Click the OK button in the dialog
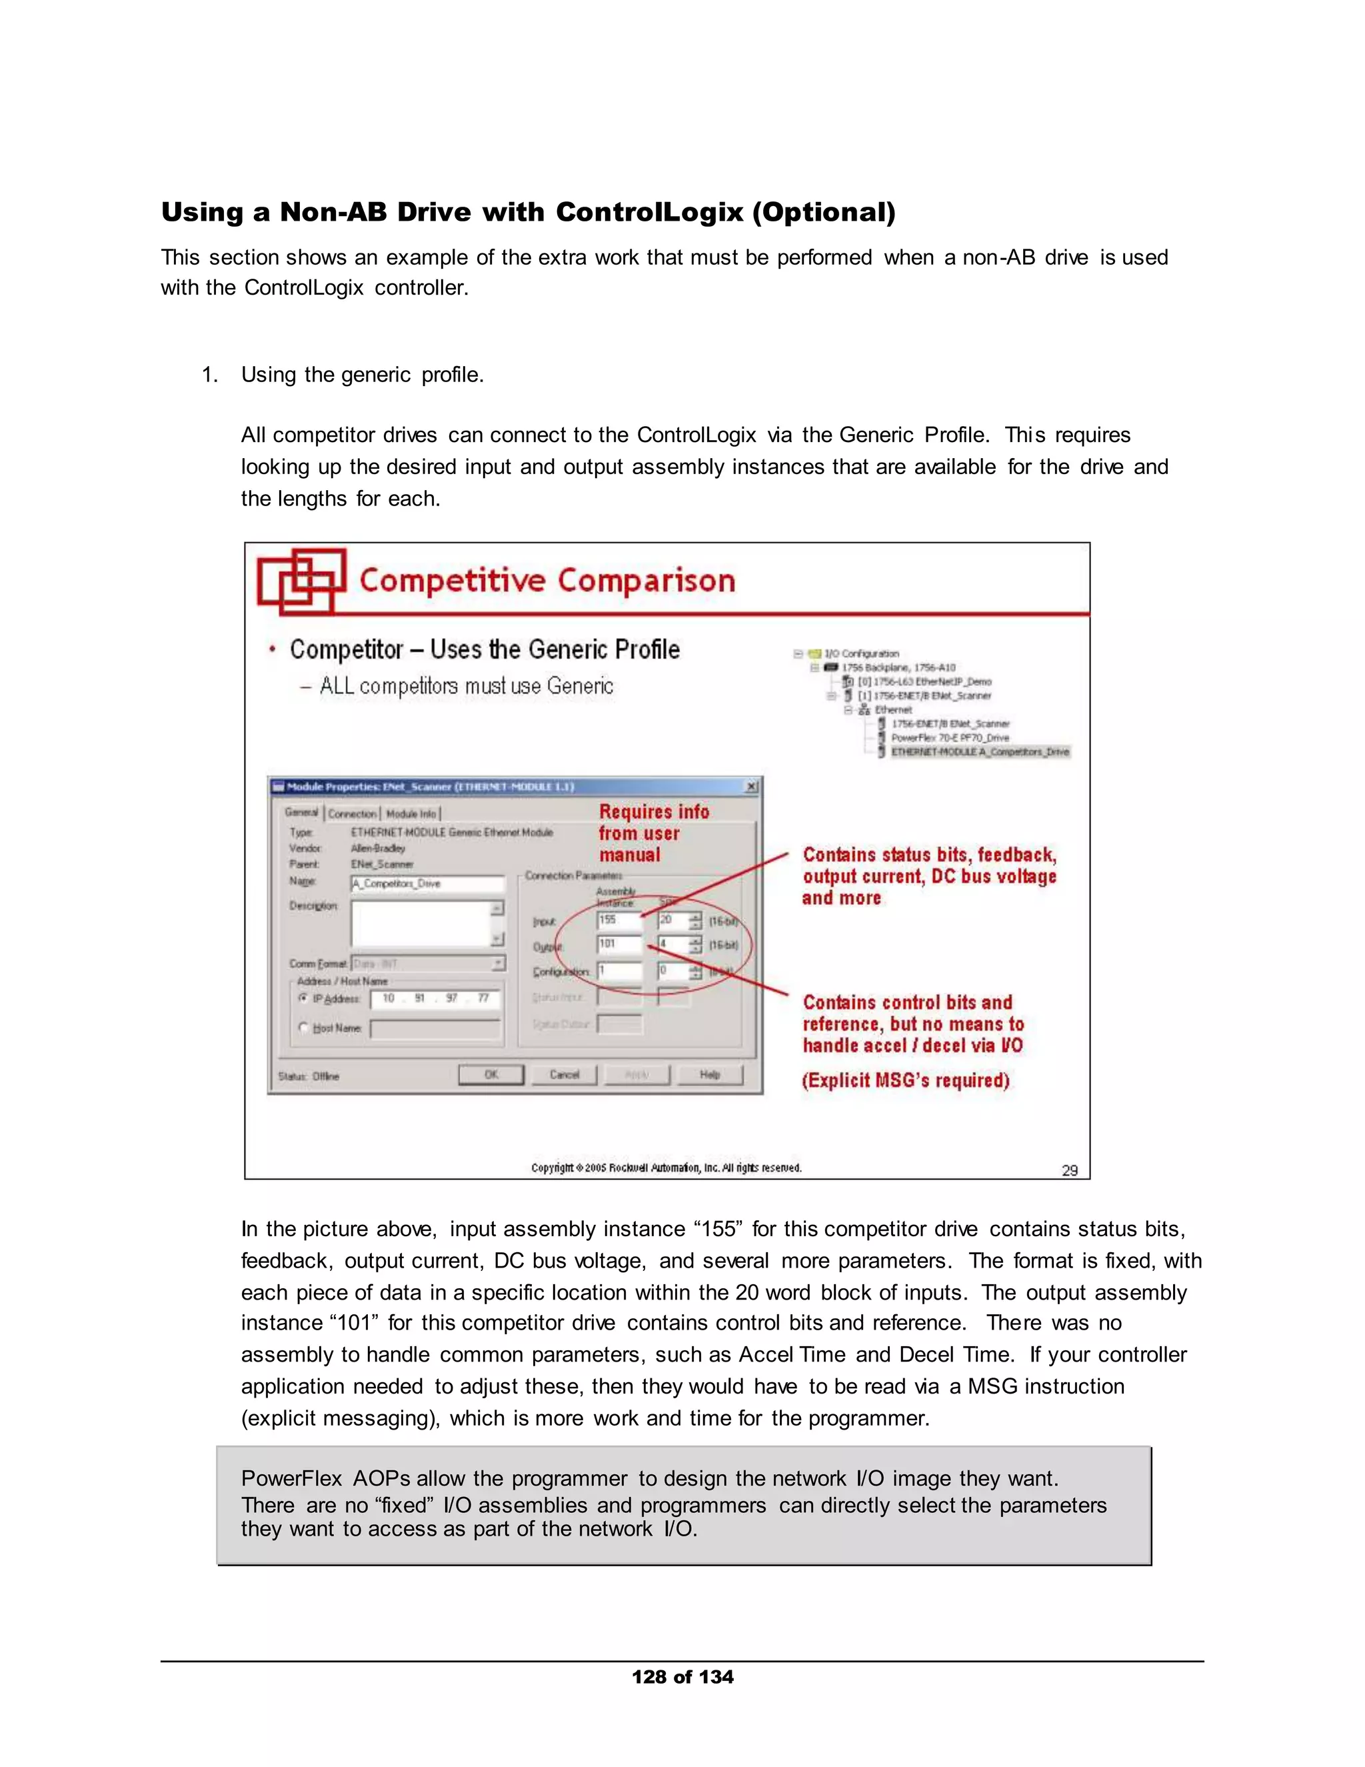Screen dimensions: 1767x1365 (x=491, y=1074)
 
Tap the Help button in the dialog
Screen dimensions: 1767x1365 (x=709, y=1074)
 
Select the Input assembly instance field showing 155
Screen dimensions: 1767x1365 (x=619, y=920)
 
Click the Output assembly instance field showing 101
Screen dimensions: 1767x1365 (x=619, y=944)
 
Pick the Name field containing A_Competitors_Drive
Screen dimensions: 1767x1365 (x=427, y=884)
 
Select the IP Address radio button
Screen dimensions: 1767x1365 (x=304, y=998)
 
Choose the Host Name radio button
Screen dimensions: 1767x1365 (x=304, y=1028)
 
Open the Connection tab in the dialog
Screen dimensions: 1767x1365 (x=353, y=813)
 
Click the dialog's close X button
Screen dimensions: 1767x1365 (x=751, y=785)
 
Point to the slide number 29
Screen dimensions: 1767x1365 (x=1069, y=1170)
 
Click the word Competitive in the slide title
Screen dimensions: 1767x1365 (x=452, y=581)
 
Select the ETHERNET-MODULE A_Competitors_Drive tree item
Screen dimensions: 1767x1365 (x=979, y=751)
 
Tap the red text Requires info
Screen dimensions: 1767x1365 (x=653, y=811)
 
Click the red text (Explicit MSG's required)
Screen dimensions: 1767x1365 (x=905, y=1080)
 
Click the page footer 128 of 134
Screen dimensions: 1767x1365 (x=682, y=1676)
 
